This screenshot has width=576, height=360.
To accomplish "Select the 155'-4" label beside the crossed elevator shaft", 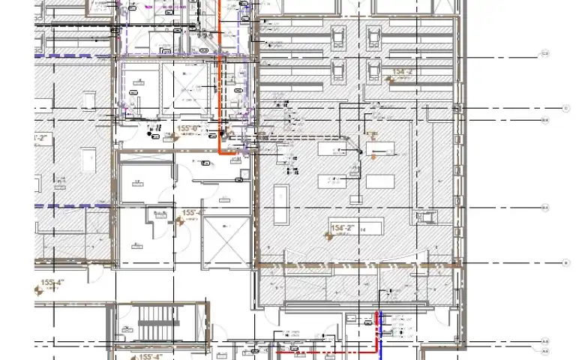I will [192, 213].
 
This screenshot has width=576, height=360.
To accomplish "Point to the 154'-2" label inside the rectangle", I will [342, 227].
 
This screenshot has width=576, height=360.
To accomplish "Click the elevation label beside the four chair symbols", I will [403, 72].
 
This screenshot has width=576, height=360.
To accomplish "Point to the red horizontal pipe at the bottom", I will [322, 351].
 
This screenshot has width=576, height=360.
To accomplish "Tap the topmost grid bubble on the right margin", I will [545, 54].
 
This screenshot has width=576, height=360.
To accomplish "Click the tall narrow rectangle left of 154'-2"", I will [282, 203].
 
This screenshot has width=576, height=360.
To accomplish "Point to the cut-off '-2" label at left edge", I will [42, 139].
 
